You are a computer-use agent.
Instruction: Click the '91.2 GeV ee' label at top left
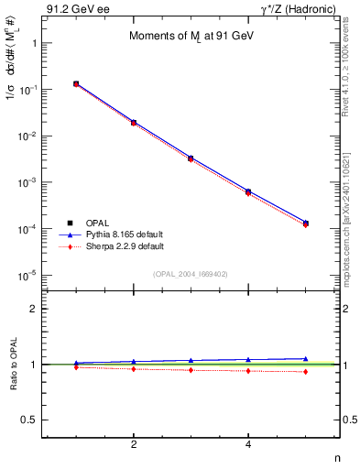[x=72, y=9]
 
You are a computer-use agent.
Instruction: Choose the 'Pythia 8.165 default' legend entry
[x=124, y=234]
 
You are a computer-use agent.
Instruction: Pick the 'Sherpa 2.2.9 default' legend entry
[x=124, y=246]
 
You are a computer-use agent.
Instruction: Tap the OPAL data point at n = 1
[x=76, y=84]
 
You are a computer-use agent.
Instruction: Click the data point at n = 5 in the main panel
[x=305, y=223]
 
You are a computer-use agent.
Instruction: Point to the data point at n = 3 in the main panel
[x=191, y=158]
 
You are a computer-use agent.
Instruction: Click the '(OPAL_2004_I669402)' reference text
[x=191, y=273]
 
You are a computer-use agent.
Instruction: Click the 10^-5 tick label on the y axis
[x=27, y=275]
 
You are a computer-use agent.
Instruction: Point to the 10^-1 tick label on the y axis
[x=27, y=90]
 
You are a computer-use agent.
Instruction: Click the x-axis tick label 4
[x=248, y=445]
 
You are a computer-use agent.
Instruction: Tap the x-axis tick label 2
[x=134, y=445]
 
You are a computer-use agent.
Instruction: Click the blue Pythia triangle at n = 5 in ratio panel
[x=305, y=359]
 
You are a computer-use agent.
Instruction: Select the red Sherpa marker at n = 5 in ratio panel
[x=305, y=371]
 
